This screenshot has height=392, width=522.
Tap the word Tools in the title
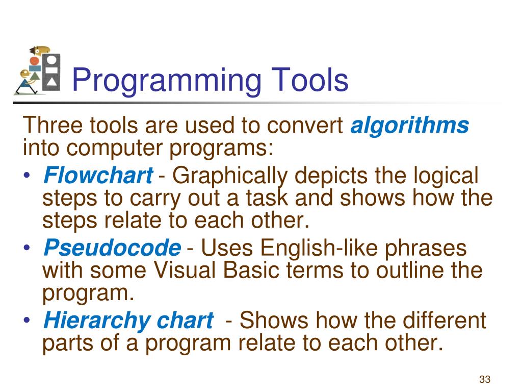(x=309, y=81)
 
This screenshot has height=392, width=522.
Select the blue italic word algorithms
(x=409, y=126)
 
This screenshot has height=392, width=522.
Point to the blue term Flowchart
(x=98, y=176)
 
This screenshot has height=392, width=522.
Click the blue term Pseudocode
(x=112, y=249)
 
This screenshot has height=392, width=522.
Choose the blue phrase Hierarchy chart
(x=128, y=321)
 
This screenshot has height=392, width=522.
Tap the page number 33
(x=484, y=379)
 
